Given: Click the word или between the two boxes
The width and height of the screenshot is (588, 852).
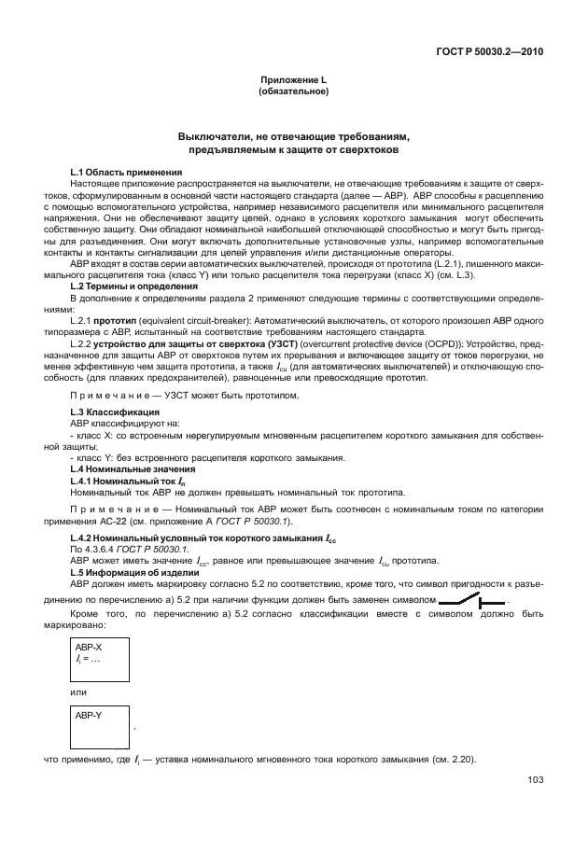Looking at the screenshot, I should point(78,691).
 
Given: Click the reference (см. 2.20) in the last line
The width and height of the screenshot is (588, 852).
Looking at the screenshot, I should point(452,759).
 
